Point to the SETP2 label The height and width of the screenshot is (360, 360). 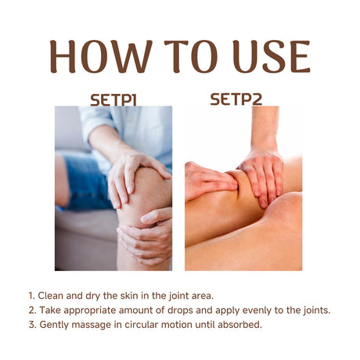pos(236,99)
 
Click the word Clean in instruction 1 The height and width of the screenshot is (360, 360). pos(51,296)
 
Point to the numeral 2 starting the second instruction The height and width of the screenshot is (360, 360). pos(31,310)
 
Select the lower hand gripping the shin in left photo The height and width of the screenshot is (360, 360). pos(146,235)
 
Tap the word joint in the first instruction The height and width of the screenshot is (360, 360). pos(189,296)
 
